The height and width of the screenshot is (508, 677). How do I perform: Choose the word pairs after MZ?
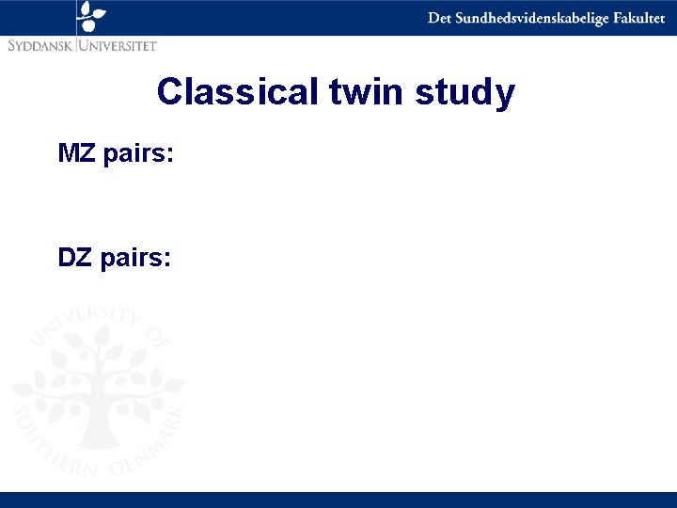(x=139, y=154)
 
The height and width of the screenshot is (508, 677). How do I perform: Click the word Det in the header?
(x=438, y=19)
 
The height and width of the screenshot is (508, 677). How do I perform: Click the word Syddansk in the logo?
(x=40, y=44)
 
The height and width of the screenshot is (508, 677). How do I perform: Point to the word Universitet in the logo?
(x=118, y=44)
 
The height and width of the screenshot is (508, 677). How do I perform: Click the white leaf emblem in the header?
(x=91, y=16)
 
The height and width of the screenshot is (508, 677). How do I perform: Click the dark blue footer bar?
(x=338, y=500)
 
